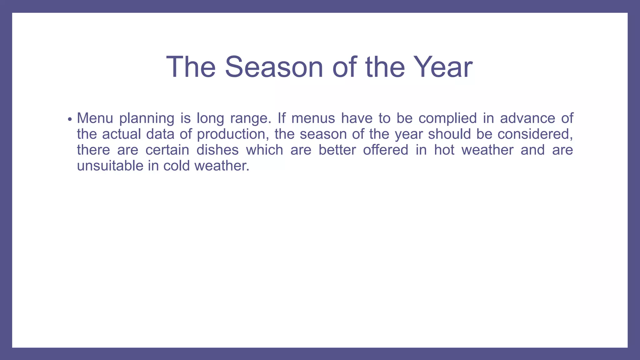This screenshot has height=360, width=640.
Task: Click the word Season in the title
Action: coord(274,67)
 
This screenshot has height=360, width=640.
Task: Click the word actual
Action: coord(122,134)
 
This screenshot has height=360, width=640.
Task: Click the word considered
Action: coord(535,134)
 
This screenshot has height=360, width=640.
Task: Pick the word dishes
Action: coord(217,150)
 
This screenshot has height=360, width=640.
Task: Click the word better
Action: coord(337,150)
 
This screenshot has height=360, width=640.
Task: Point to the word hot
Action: coord(444,150)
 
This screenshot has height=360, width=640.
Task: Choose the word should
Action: coord(449,134)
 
